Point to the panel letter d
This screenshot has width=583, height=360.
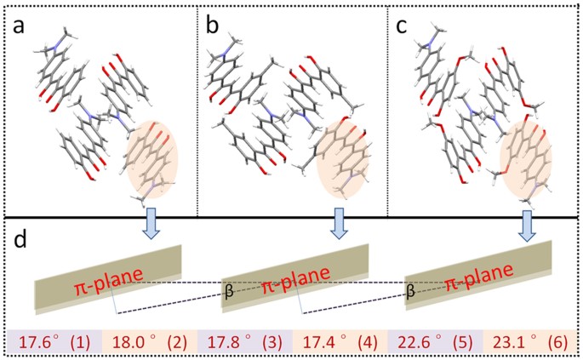coord(23,236)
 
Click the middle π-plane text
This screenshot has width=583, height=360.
coord(295,285)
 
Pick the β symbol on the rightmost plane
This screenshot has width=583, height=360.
coord(412,290)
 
